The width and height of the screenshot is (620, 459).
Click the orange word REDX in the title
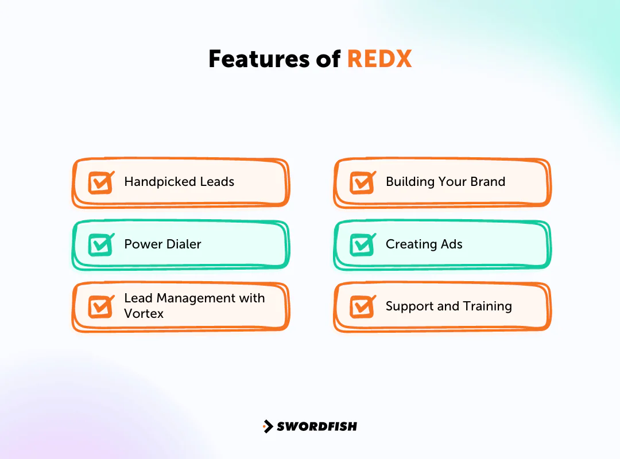tap(379, 59)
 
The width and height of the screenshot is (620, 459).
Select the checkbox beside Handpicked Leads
tap(100, 182)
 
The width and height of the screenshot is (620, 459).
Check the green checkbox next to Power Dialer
tap(100, 245)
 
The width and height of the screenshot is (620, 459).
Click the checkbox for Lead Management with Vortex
tap(100, 306)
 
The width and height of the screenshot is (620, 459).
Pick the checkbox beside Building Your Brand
tap(362, 182)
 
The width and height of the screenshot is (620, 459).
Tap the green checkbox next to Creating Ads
tap(362, 245)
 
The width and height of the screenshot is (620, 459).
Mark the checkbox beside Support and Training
tap(362, 306)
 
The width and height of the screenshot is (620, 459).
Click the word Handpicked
tap(152, 182)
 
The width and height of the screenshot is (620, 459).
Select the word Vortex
tap(144, 314)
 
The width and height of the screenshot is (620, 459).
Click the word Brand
tap(487, 182)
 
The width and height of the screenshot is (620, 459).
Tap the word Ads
tap(451, 244)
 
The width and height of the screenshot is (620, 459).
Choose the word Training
tap(487, 307)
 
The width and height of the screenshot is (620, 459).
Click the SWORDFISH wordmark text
tap(317, 426)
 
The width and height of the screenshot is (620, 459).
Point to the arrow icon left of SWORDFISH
tap(268, 426)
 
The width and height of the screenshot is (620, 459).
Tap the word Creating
tap(410, 244)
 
